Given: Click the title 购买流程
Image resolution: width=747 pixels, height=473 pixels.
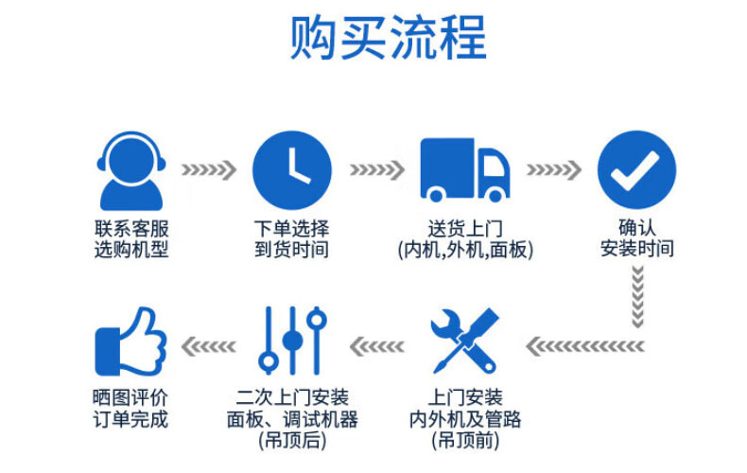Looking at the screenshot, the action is click(x=389, y=37).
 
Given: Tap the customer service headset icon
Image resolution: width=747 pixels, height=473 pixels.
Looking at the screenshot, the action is click(x=131, y=170).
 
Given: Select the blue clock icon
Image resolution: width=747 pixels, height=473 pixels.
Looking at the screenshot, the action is click(x=292, y=170).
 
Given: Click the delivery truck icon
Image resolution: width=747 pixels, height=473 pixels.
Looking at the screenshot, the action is click(x=465, y=169).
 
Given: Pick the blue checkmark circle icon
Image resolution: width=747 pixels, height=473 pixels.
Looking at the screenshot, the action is click(x=637, y=169).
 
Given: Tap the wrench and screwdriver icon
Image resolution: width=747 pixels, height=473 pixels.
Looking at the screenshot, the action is click(x=464, y=341).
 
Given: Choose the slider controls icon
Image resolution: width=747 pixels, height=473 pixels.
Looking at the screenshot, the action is click(x=292, y=341).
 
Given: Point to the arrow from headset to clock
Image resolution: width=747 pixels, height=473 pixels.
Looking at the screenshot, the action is click(x=209, y=169).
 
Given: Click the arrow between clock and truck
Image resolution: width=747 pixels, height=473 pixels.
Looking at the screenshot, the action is click(x=377, y=169).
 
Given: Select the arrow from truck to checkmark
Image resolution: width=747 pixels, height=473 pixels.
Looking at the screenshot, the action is click(x=553, y=169).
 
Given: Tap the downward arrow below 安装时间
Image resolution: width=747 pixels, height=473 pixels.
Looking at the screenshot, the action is click(x=637, y=297).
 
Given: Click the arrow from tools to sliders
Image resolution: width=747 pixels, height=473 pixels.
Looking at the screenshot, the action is click(x=377, y=346).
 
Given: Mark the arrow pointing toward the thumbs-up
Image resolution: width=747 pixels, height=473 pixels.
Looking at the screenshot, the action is click(x=209, y=346).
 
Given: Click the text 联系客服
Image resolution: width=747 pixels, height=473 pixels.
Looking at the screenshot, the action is click(x=131, y=229).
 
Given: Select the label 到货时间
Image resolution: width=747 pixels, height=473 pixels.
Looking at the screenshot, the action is click(x=291, y=250).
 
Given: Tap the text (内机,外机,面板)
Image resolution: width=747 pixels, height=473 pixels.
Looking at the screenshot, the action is click(x=465, y=250).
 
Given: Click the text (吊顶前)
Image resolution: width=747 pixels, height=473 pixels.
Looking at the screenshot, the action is click(x=465, y=441).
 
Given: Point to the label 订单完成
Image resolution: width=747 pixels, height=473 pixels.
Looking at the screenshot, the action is click(x=130, y=419).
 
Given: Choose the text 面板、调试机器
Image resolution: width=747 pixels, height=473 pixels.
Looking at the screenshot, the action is click(x=292, y=419).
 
